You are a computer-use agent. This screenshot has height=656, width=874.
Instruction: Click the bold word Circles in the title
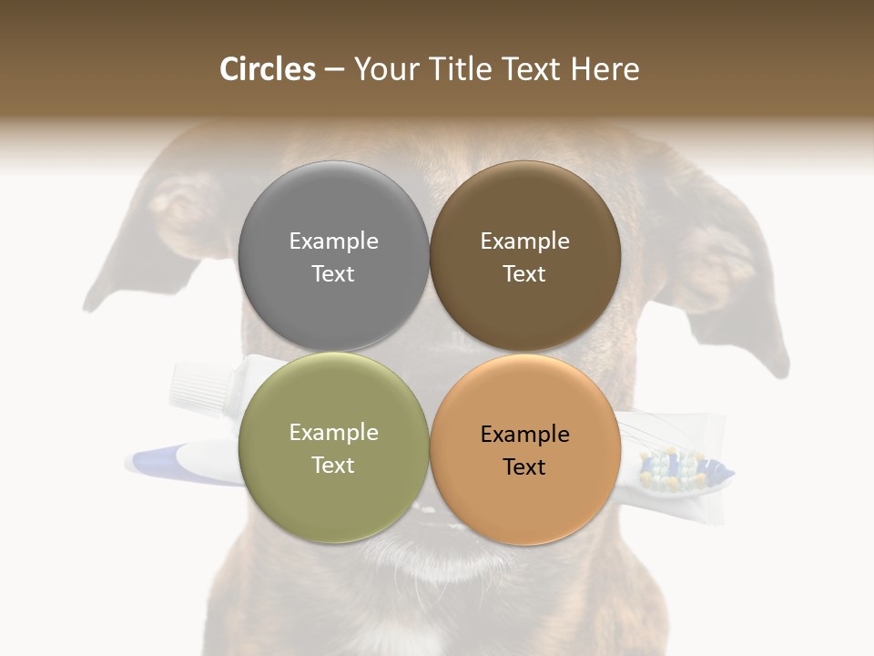click(x=268, y=69)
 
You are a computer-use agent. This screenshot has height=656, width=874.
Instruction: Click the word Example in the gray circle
click(x=333, y=241)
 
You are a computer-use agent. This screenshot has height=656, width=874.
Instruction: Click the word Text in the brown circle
click(x=524, y=274)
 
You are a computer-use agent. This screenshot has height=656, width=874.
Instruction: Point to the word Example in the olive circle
click(x=333, y=433)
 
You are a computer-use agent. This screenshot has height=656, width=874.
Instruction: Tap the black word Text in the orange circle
click(x=524, y=467)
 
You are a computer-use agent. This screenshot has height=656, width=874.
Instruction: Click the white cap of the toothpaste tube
click(x=195, y=384)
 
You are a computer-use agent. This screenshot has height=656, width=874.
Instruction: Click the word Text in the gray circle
click(x=333, y=274)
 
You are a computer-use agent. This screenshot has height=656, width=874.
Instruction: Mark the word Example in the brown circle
click(x=524, y=241)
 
